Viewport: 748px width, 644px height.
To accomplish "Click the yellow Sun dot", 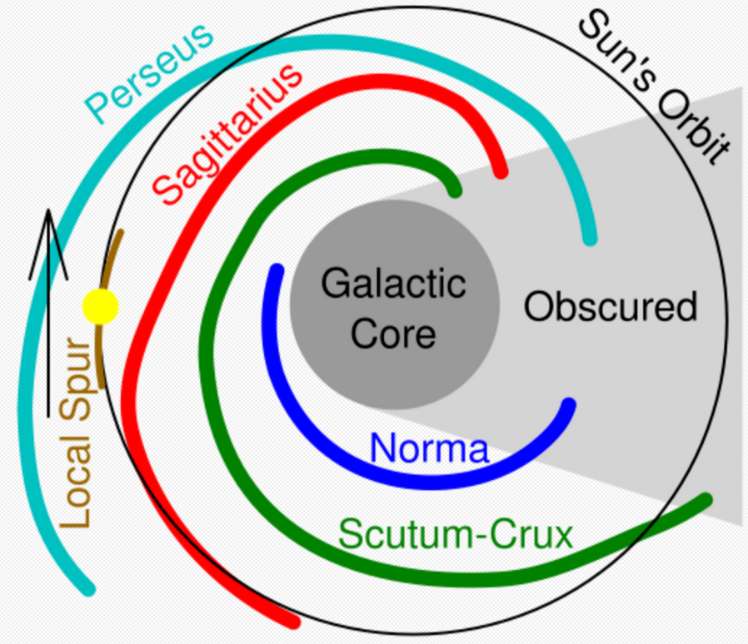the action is pyautogui.click(x=100, y=306).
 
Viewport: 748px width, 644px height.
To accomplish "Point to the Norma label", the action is pyautogui.click(x=429, y=448).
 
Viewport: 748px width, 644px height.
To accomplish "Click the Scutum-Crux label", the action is pyautogui.click(x=456, y=534).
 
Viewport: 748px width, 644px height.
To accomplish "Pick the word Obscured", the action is pyautogui.click(x=611, y=306).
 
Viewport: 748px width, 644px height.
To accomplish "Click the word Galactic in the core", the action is pyautogui.click(x=393, y=283).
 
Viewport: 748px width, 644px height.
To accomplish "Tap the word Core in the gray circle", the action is pyautogui.click(x=393, y=334).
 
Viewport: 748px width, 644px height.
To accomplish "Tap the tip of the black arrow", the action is pyautogui.click(x=48, y=210).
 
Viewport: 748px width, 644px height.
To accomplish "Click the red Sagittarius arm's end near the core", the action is pyautogui.click(x=501, y=172).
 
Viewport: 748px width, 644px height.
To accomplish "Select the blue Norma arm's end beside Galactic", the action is pyautogui.click(x=277, y=270).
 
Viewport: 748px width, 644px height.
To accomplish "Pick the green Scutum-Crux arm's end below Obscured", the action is pyautogui.click(x=706, y=500).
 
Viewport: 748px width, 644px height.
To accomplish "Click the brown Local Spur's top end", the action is pyautogui.click(x=120, y=233).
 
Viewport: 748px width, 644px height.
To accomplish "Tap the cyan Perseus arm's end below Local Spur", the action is pyautogui.click(x=89, y=589).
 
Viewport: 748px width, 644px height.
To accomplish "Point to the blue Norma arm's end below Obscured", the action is pyautogui.click(x=569, y=404).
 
